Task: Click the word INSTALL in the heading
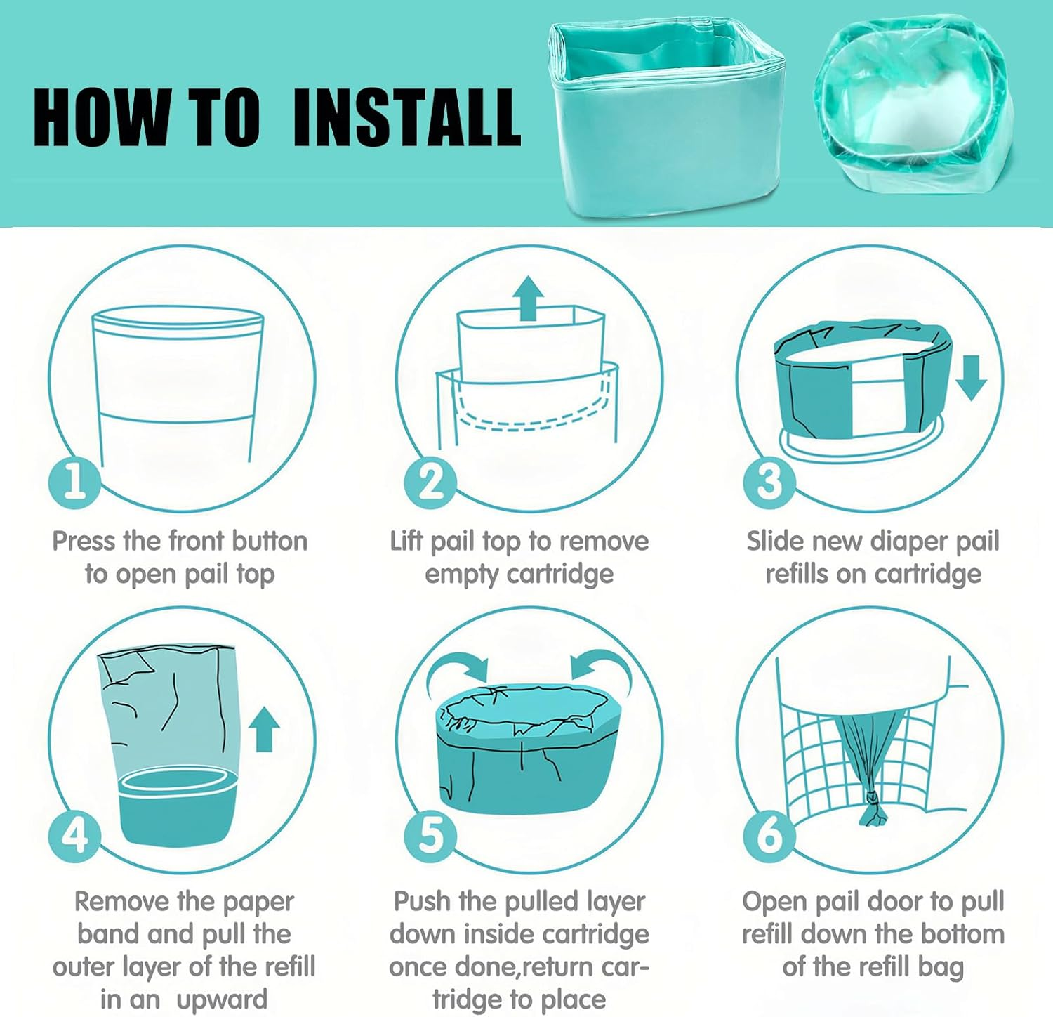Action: point(406,117)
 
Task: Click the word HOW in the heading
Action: point(101,117)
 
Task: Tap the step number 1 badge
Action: point(74,482)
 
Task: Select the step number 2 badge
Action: point(430,482)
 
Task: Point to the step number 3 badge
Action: point(769,482)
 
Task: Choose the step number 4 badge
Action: point(74,835)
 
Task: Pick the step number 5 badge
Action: point(430,835)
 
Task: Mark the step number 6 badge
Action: point(769,835)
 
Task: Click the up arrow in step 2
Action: point(529,298)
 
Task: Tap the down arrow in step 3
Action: point(971,378)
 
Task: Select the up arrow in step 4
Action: point(264,729)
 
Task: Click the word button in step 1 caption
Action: point(270,542)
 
